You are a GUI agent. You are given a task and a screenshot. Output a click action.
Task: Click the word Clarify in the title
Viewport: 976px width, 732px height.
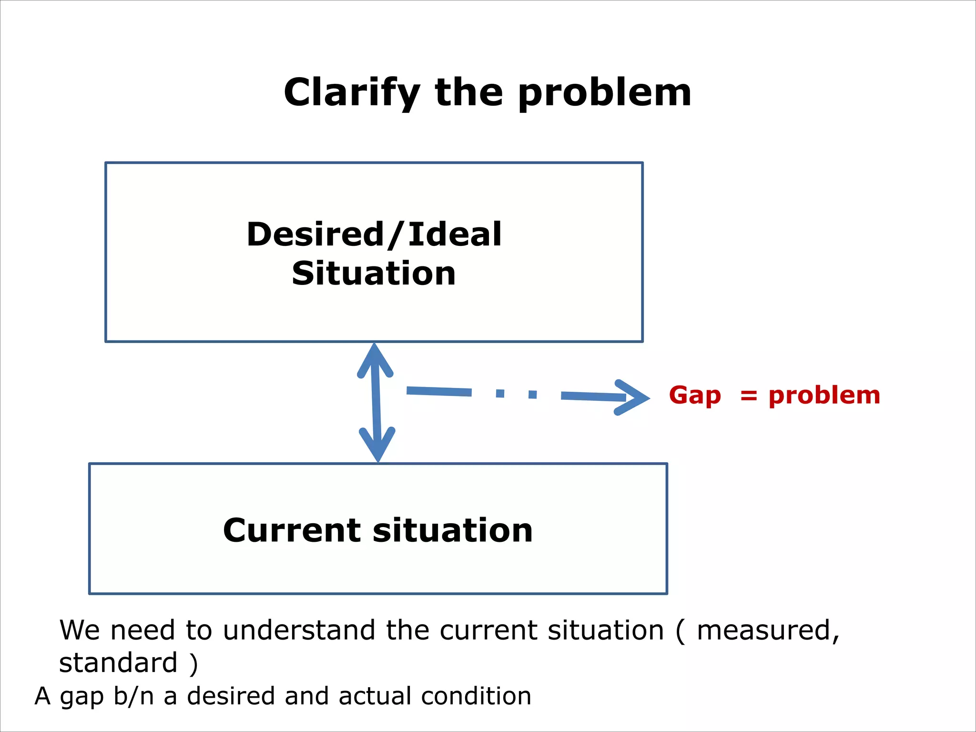(x=352, y=92)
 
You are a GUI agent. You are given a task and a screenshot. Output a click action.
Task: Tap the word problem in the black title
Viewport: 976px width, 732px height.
(x=604, y=92)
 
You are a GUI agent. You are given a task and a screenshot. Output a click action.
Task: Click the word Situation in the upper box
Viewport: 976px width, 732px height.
(x=374, y=274)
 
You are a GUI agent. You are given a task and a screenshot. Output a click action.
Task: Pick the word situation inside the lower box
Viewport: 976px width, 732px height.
(x=452, y=530)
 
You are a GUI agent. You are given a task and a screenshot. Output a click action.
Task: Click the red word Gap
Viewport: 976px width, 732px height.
(x=694, y=395)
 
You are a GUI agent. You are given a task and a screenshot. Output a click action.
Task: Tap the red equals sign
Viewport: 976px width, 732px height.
(x=749, y=396)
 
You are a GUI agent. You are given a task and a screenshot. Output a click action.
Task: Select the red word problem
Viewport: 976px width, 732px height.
(x=824, y=395)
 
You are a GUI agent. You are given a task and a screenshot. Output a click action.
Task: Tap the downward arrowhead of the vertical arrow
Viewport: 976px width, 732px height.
(x=377, y=446)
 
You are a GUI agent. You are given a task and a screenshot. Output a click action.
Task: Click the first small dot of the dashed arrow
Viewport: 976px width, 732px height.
(x=500, y=393)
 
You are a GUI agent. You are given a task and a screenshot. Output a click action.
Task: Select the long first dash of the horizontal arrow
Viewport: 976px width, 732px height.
(x=439, y=392)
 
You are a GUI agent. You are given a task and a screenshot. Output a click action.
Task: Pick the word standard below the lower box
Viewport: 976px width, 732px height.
(x=118, y=662)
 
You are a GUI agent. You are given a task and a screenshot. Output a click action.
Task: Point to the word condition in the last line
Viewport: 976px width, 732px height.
(x=476, y=696)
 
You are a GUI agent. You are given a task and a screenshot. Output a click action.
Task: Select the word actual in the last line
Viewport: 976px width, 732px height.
(x=375, y=696)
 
